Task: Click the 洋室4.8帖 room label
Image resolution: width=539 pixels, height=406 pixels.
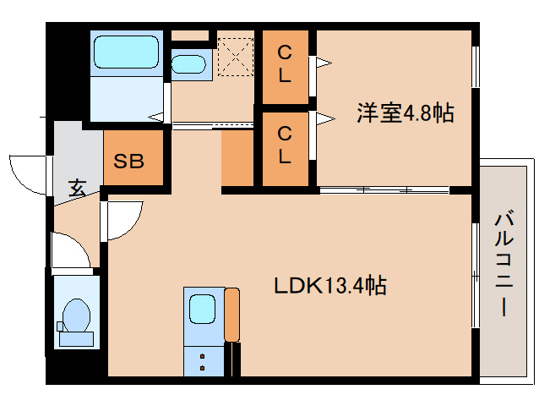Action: tap(405, 112)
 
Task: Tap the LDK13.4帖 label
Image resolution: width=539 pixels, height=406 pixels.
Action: tap(329, 286)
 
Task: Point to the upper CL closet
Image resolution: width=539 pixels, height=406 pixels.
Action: tap(286, 63)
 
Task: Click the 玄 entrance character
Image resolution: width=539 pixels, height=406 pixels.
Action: tap(77, 187)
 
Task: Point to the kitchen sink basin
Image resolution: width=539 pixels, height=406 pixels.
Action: tap(203, 308)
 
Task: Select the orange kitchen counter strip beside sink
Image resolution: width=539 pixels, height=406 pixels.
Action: tap(232, 315)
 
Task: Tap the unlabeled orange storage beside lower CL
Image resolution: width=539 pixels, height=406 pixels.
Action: tap(241, 158)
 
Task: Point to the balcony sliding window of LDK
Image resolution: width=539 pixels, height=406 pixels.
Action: tap(475, 271)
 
